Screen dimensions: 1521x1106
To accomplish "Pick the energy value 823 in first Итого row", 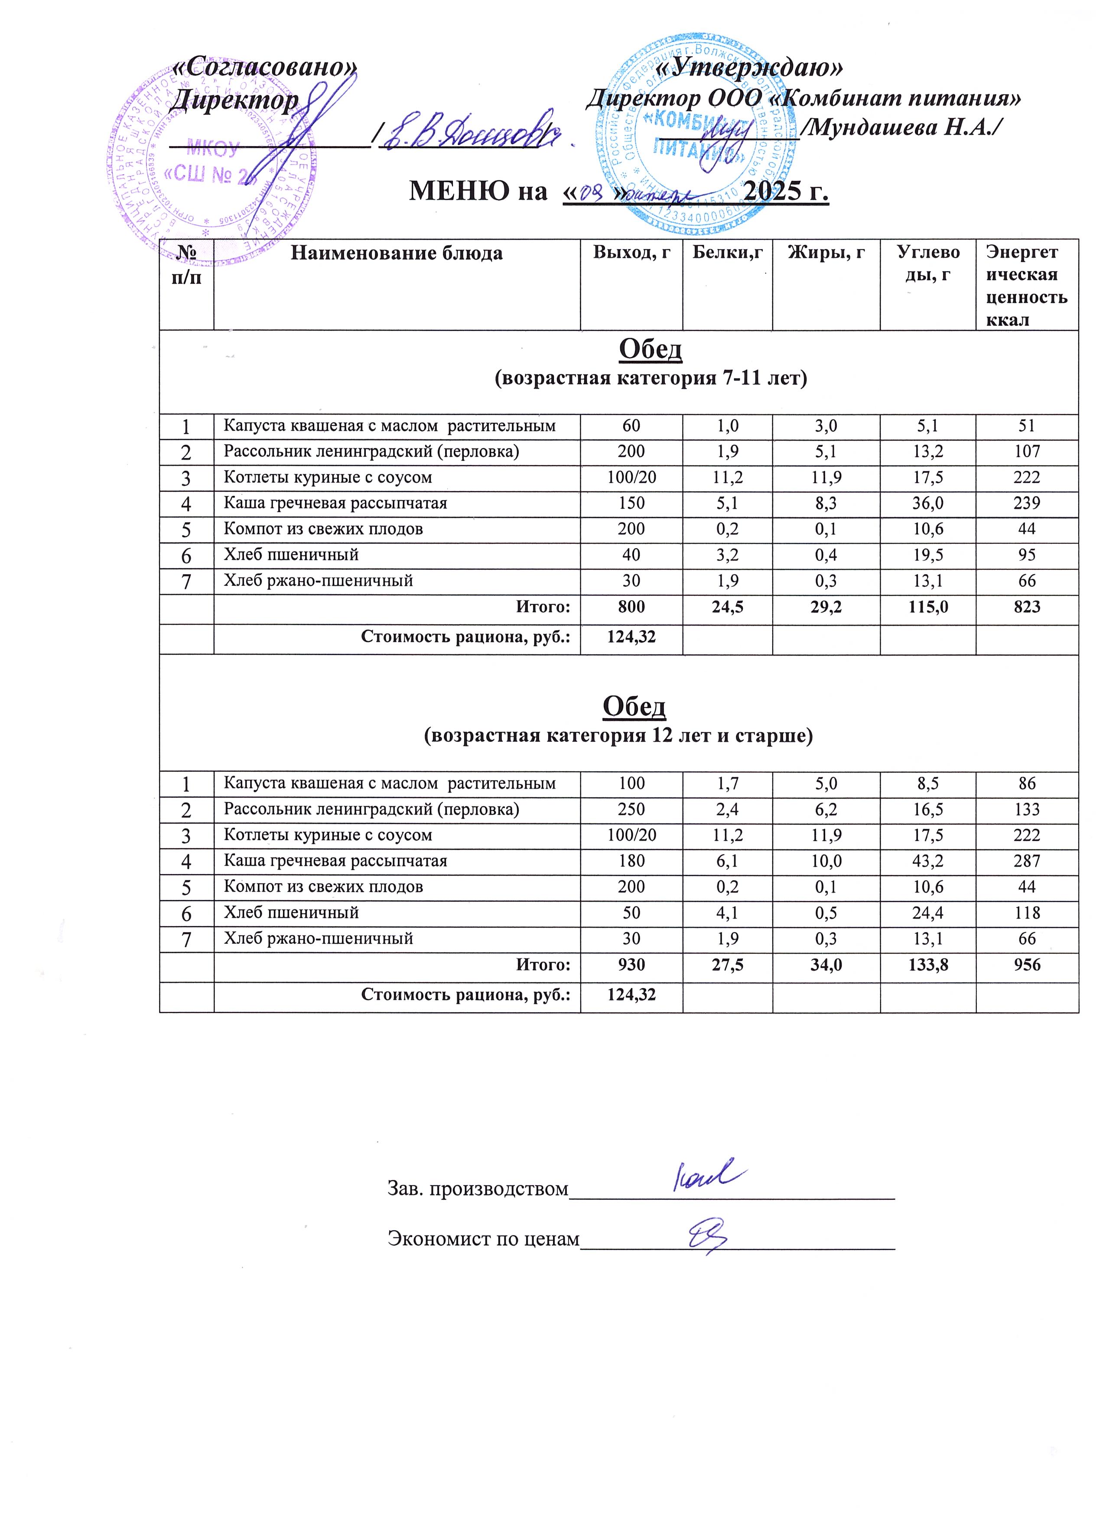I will pos(1027,607).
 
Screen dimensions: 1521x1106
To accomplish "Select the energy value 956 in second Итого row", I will pos(1027,964).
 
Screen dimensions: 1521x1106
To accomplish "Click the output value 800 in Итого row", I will pos(631,607).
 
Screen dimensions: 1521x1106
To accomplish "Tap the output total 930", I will pos(631,964).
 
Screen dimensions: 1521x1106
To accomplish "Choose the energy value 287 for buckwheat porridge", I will pos(1027,861).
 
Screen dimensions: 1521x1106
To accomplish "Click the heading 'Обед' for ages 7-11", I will pos(650,349).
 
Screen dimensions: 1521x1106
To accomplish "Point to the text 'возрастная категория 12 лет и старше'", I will pos(618,736).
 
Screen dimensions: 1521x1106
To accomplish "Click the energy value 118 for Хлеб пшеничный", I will pos(1027,912).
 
